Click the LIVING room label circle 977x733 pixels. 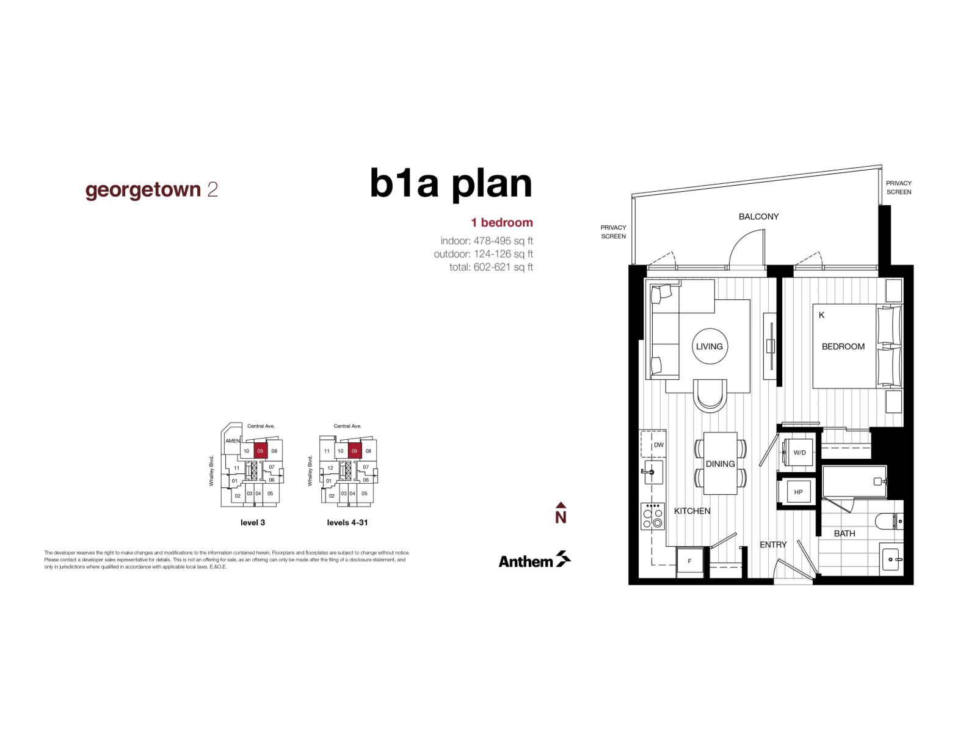[709, 346]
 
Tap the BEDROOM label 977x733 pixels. [843, 346]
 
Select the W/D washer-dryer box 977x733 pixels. [799, 453]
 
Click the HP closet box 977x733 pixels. [797, 492]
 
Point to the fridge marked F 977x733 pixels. [690, 561]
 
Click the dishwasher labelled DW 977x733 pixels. [654, 444]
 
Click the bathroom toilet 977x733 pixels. [889, 522]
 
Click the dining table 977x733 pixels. [721, 464]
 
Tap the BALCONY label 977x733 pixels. [758, 216]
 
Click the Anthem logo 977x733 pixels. [534, 560]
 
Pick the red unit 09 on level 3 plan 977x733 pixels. [260, 451]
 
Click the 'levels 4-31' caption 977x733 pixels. [347, 523]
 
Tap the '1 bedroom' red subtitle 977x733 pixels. [501, 222]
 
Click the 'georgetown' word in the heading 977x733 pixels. [143, 189]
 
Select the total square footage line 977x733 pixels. [491, 267]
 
